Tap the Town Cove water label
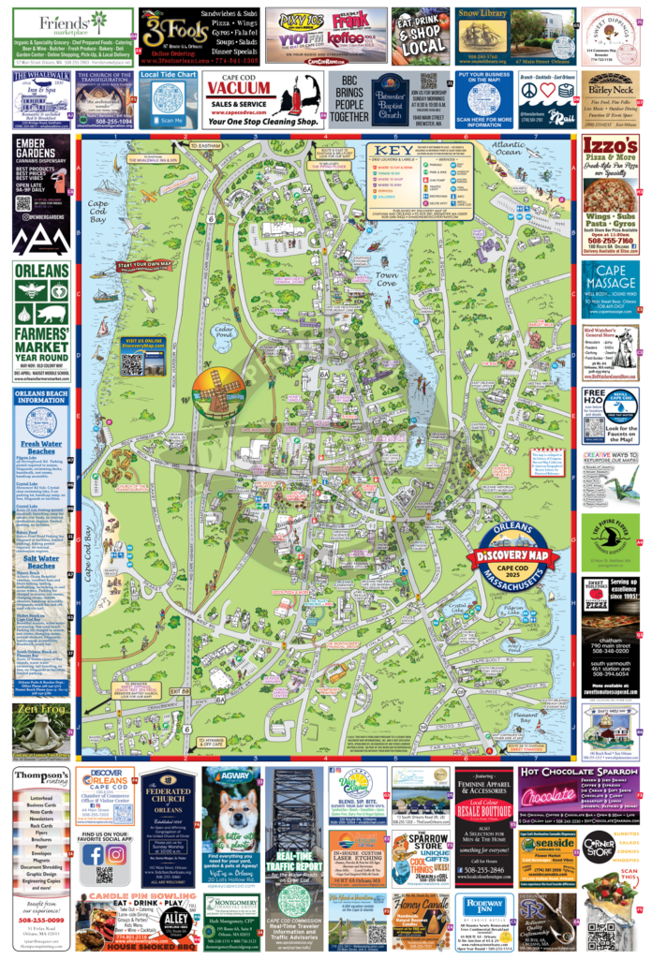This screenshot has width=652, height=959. (386, 279)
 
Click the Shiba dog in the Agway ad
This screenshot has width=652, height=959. (230, 819)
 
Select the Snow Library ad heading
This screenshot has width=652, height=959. (482, 14)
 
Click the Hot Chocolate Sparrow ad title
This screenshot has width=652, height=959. (580, 773)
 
